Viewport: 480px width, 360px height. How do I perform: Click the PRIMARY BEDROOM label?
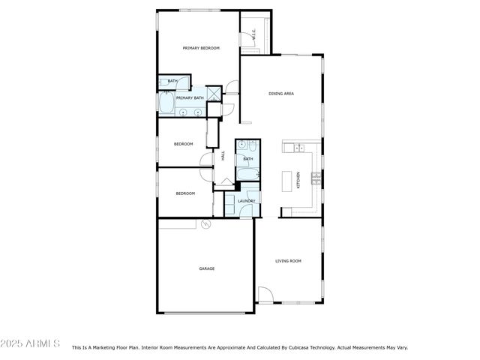tap(201, 48)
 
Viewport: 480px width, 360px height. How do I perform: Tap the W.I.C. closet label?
tap(253, 34)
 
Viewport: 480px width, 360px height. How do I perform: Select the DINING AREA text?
tap(280, 94)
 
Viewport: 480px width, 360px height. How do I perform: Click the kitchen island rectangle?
tap(286, 181)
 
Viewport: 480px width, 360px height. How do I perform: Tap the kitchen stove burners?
tap(316, 178)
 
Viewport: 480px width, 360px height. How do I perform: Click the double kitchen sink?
tap(298, 146)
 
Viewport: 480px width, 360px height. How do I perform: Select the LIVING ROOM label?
tap(288, 260)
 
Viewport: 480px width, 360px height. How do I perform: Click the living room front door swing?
tap(265, 294)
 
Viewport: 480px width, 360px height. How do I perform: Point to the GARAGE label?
tap(206, 268)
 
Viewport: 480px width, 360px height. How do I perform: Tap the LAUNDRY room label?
tap(246, 201)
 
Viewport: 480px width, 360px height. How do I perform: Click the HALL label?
tap(223, 155)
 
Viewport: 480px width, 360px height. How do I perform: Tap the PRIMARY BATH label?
tap(190, 97)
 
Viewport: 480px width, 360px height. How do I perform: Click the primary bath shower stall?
tap(214, 93)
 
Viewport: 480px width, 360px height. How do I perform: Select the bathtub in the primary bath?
tap(166, 102)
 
